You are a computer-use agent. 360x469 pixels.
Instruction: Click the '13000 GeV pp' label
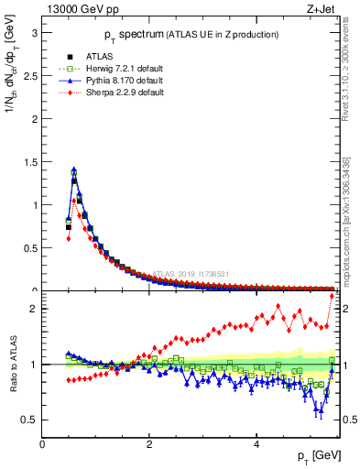[77, 8]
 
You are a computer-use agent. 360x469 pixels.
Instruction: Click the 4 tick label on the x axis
[256, 444]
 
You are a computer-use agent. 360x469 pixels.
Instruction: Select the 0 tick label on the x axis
[42, 444]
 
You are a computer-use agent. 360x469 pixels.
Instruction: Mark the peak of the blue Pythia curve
[73, 169]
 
